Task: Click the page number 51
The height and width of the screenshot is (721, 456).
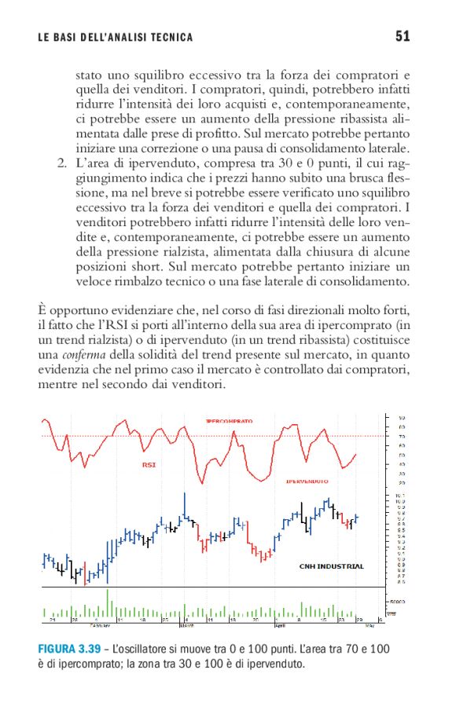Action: coord(404,36)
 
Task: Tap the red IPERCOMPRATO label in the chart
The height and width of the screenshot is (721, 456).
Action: coord(229,422)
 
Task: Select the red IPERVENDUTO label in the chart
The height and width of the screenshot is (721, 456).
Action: coord(307,480)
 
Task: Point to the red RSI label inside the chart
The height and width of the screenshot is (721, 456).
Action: coord(149,465)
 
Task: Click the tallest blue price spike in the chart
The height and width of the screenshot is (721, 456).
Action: coord(185,503)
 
